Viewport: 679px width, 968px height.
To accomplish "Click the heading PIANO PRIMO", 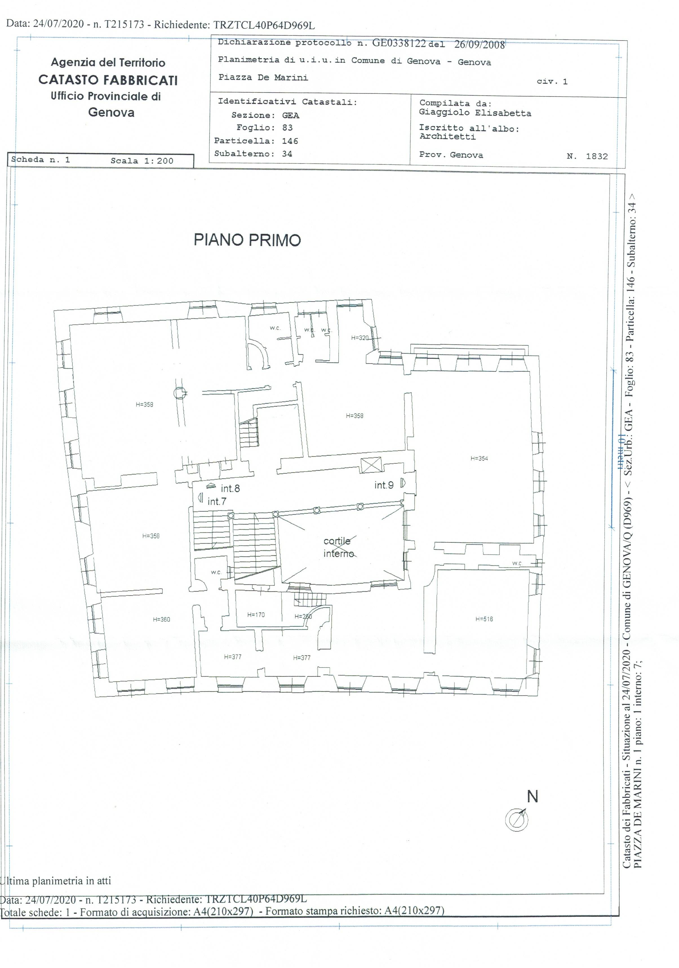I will tap(247, 240).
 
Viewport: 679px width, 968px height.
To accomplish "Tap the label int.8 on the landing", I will tap(230, 488).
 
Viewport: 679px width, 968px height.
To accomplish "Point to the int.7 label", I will tap(217, 501).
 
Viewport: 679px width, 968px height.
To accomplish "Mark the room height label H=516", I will tap(484, 619).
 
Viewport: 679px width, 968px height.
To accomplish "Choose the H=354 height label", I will tap(479, 458).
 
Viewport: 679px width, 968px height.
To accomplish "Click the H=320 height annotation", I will tap(360, 338).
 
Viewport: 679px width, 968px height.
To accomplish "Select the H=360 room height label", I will tap(161, 619).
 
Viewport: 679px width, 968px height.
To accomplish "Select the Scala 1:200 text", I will tap(142, 161).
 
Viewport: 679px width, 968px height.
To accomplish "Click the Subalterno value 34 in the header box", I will tap(287, 154).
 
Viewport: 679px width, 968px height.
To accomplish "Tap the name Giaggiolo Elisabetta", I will tap(475, 113).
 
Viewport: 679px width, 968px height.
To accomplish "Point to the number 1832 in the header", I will tap(596, 156).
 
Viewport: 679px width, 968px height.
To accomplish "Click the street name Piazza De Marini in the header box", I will tap(263, 77).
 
